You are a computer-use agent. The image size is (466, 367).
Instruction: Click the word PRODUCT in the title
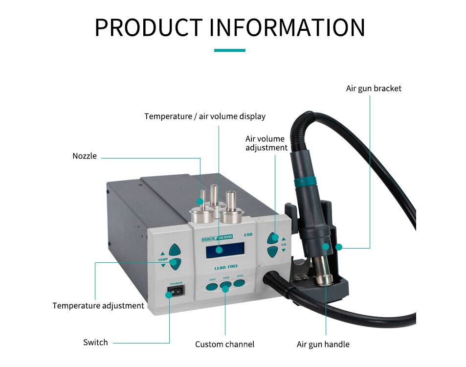coord(148,27)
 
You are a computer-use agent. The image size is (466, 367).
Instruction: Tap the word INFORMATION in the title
coord(287,27)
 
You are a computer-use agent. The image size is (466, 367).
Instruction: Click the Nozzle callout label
coord(85,156)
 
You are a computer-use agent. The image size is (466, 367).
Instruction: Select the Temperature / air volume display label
coord(205,116)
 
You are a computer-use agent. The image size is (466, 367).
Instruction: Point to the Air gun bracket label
coord(374,89)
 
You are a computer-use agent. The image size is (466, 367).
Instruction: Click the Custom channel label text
coord(224,344)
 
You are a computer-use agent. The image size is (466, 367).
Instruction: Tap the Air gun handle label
coord(323,344)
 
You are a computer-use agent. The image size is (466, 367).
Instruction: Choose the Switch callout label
coord(95,343)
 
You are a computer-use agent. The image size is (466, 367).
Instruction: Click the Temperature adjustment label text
coord(98,306)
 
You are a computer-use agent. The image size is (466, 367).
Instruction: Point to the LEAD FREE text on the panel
coord(226,268)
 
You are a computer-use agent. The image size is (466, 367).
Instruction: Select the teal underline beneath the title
coord(230,50)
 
